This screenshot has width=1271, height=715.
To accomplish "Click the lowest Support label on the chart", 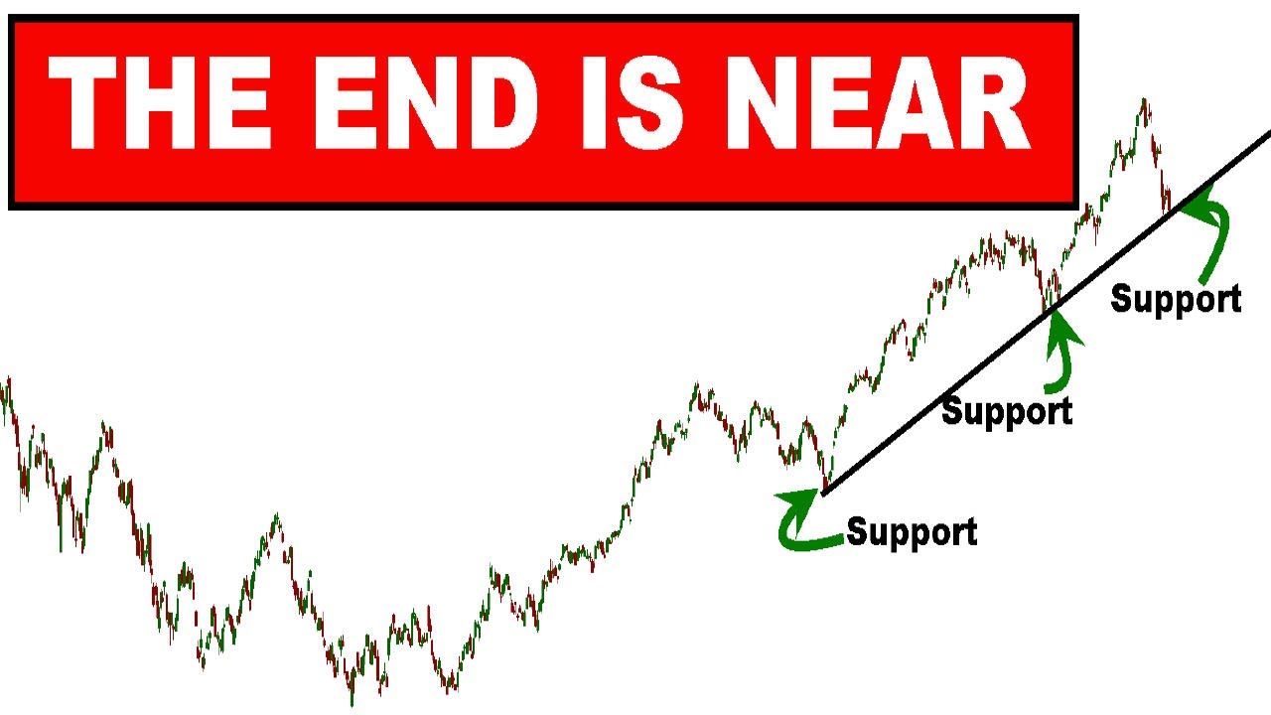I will click(x=912, y=532).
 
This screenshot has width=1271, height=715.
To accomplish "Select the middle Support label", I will click(x=1007, y=410).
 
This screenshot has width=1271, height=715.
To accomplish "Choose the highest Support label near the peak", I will click(x=1176, y=298).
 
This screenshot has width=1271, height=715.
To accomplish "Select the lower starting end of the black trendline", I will click(x=824, y=492).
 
